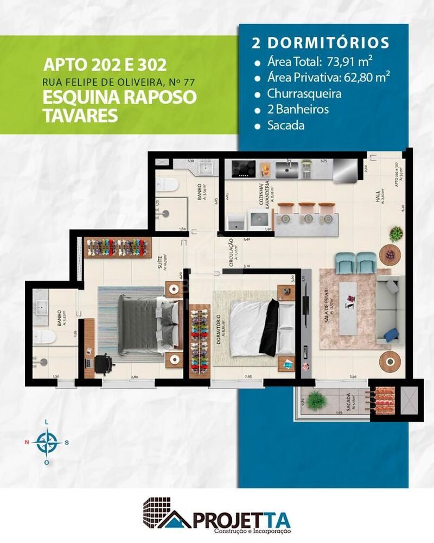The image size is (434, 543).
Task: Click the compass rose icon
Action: coord(47,441)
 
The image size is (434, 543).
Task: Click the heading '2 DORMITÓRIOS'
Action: coord(320,43)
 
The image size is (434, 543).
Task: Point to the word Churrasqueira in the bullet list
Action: coord(304,93)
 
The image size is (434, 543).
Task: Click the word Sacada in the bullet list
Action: coord(286,125)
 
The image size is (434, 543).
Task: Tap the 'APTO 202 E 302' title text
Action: coord(104,66)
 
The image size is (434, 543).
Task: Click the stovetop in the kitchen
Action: coord(243,169)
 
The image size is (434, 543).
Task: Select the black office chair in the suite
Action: coord(104,363)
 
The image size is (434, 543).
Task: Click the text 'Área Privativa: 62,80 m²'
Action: coord(329,77)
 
